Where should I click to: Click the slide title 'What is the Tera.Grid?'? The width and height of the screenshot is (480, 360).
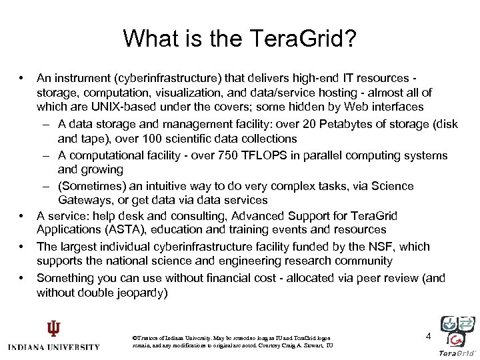pyautogui.click(x=239, y=38)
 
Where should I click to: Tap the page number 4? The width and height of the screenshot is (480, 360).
pyautogui.click(x=429, y=337)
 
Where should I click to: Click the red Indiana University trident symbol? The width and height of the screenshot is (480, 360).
pyautogui.click(x=53, y=329)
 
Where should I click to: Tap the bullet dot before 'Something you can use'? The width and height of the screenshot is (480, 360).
pyautogui.click(x=22, y=277)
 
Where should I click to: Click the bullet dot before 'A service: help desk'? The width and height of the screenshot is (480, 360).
pyautogui.click(x=22, y=216)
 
